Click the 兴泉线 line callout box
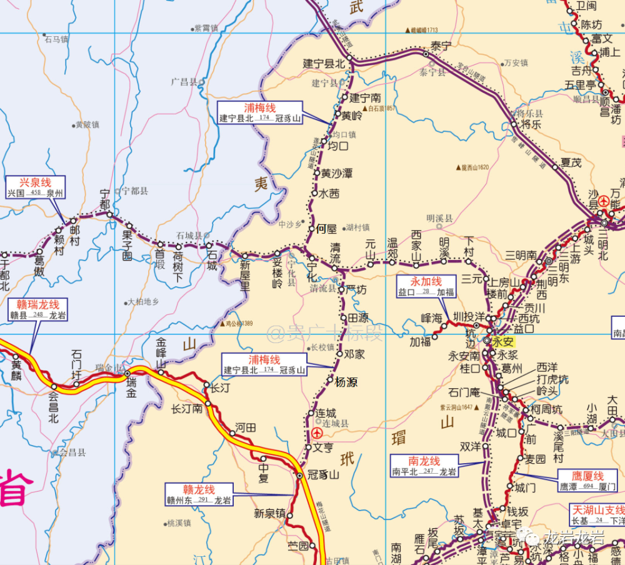[35, 187]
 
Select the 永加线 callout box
[426, 287]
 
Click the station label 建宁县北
[324, 64]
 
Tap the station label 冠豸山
[324, 474]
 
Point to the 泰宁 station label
[441, 46]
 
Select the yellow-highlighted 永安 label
[502, 341]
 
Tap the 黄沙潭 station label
[336, 173]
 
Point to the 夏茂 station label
[571, 162]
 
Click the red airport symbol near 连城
[317, 433]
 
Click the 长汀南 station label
[187, 409]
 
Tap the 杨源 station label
[346, 382]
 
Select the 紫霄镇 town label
[206, 28]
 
